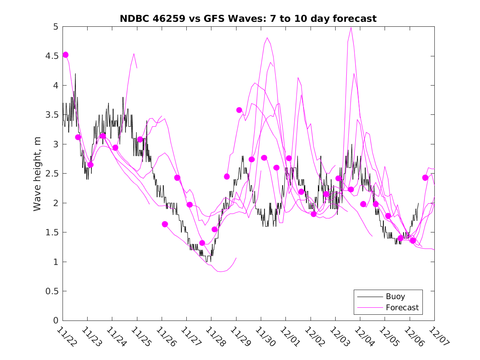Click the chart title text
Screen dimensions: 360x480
point(248,19)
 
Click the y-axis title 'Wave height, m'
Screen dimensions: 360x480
point(37,174)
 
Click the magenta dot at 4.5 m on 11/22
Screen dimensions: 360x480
point(65,55)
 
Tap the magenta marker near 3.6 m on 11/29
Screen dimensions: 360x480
point(239,110)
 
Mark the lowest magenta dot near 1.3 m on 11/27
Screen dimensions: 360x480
point(202,243)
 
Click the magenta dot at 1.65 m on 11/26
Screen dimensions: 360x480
point(165,224)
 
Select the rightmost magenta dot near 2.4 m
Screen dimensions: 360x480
point(425,178)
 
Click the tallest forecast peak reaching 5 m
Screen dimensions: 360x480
point(351,28)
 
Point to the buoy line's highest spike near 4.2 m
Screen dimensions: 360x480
point(76,74)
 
